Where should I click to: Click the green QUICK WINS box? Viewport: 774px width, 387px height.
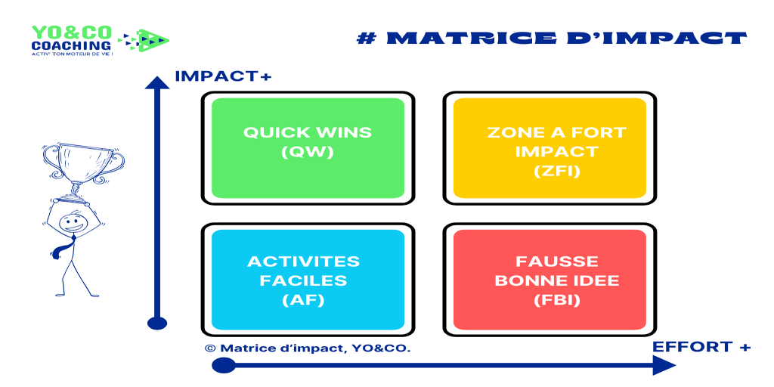308,148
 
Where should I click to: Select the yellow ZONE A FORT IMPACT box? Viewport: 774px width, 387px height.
550,148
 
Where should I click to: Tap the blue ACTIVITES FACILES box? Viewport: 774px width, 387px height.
308,280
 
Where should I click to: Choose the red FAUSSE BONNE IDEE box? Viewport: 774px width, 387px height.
550,280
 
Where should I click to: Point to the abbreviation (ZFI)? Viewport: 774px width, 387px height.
557,172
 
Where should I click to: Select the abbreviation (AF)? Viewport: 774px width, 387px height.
304,299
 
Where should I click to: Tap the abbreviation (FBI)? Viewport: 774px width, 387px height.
557,299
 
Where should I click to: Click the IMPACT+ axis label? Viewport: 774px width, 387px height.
224,76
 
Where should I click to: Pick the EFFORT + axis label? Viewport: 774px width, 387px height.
701,347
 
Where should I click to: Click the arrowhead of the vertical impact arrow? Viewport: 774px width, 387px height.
157,82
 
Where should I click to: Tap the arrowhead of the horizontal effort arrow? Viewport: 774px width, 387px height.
664,366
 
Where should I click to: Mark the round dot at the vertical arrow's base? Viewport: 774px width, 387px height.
157,324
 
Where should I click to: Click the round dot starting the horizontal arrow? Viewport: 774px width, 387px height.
224,366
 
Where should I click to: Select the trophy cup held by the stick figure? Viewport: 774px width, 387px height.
83,169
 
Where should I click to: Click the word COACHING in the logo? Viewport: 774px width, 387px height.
71,45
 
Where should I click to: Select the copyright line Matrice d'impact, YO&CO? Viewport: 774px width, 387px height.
308,348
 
